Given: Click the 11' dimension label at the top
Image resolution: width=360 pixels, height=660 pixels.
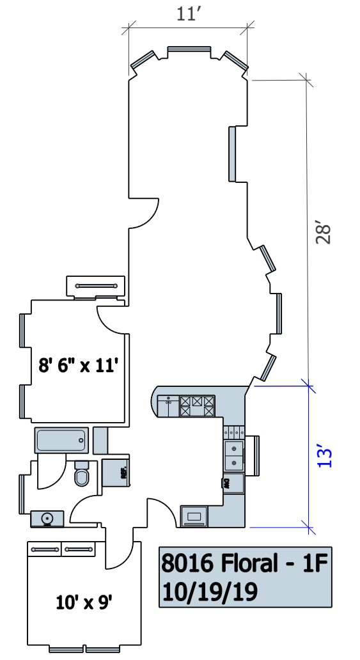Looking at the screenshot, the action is click(x=187, y=14).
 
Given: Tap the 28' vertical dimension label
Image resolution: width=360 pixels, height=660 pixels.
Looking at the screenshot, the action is click(x=324, y=233).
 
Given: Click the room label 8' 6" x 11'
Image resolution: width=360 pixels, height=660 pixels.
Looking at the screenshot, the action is click(x=77, y=365).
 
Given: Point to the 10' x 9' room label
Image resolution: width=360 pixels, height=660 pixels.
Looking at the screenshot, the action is click(x=84, y=602).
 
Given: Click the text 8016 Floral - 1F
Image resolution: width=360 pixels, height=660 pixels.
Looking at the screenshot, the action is click(x=244, y=563).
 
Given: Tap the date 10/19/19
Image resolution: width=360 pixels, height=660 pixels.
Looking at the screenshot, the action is click(x=209, y=592).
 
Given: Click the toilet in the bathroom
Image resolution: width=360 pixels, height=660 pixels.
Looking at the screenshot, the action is click(x=82, y=473).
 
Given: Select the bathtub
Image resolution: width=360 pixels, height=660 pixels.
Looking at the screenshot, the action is click(x=62, y=441).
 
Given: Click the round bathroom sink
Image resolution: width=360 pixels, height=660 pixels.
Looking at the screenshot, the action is click(x=47, y=518).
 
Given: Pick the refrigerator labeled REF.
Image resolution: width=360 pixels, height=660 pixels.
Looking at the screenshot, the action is click(x=116, y=473).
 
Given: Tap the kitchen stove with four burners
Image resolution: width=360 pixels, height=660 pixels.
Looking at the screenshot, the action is click(x=197, y=406).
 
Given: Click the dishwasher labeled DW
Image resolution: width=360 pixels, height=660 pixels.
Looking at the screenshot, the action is click(x=233, y=483).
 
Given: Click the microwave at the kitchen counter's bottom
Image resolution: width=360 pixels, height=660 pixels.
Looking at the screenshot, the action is click(x=194, y=516).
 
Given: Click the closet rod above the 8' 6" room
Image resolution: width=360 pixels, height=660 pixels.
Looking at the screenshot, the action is click(x=96, y=287).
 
